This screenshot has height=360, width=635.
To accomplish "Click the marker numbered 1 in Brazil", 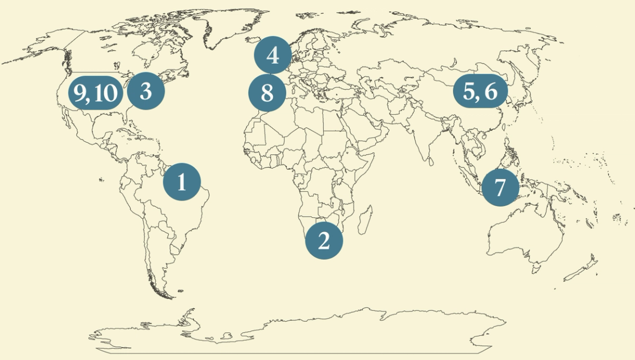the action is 182,181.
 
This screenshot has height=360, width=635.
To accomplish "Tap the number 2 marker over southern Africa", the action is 324,240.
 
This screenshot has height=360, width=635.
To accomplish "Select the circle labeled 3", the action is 146,91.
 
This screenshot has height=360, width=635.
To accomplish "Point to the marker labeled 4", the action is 273,55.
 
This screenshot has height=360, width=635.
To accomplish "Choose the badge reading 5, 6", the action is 479,92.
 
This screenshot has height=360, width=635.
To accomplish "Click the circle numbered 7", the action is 500,187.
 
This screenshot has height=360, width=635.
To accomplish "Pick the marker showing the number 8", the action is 267,93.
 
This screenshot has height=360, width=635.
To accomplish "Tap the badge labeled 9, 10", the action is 94,93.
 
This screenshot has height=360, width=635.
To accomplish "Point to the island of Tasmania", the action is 534,270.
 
